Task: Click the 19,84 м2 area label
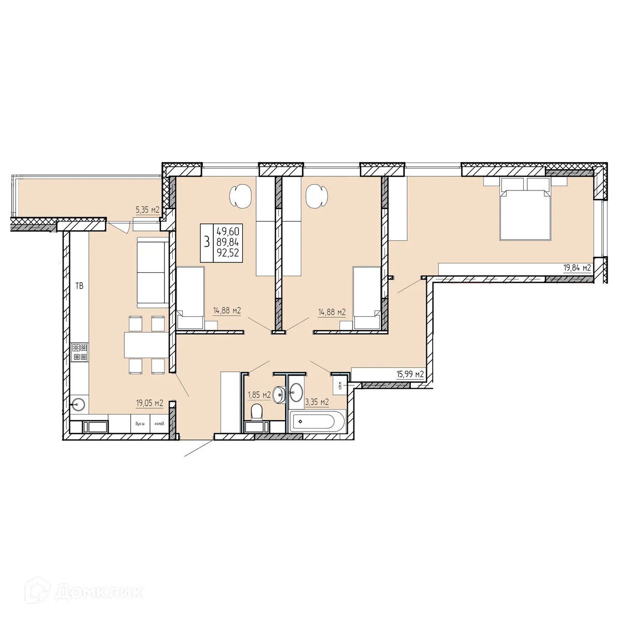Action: point(577,268)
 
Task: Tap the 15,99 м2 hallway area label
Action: point(410,374)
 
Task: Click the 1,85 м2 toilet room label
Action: point(259,395)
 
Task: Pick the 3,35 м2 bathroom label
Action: point(317,402)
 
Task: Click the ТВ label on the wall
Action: point(79,286)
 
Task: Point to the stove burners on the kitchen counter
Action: point(80,352)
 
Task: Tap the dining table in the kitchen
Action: point(145,344)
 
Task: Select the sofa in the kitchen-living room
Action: point(152,272)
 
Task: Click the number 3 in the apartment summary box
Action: point(207,242)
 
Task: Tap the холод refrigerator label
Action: point(159,424)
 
